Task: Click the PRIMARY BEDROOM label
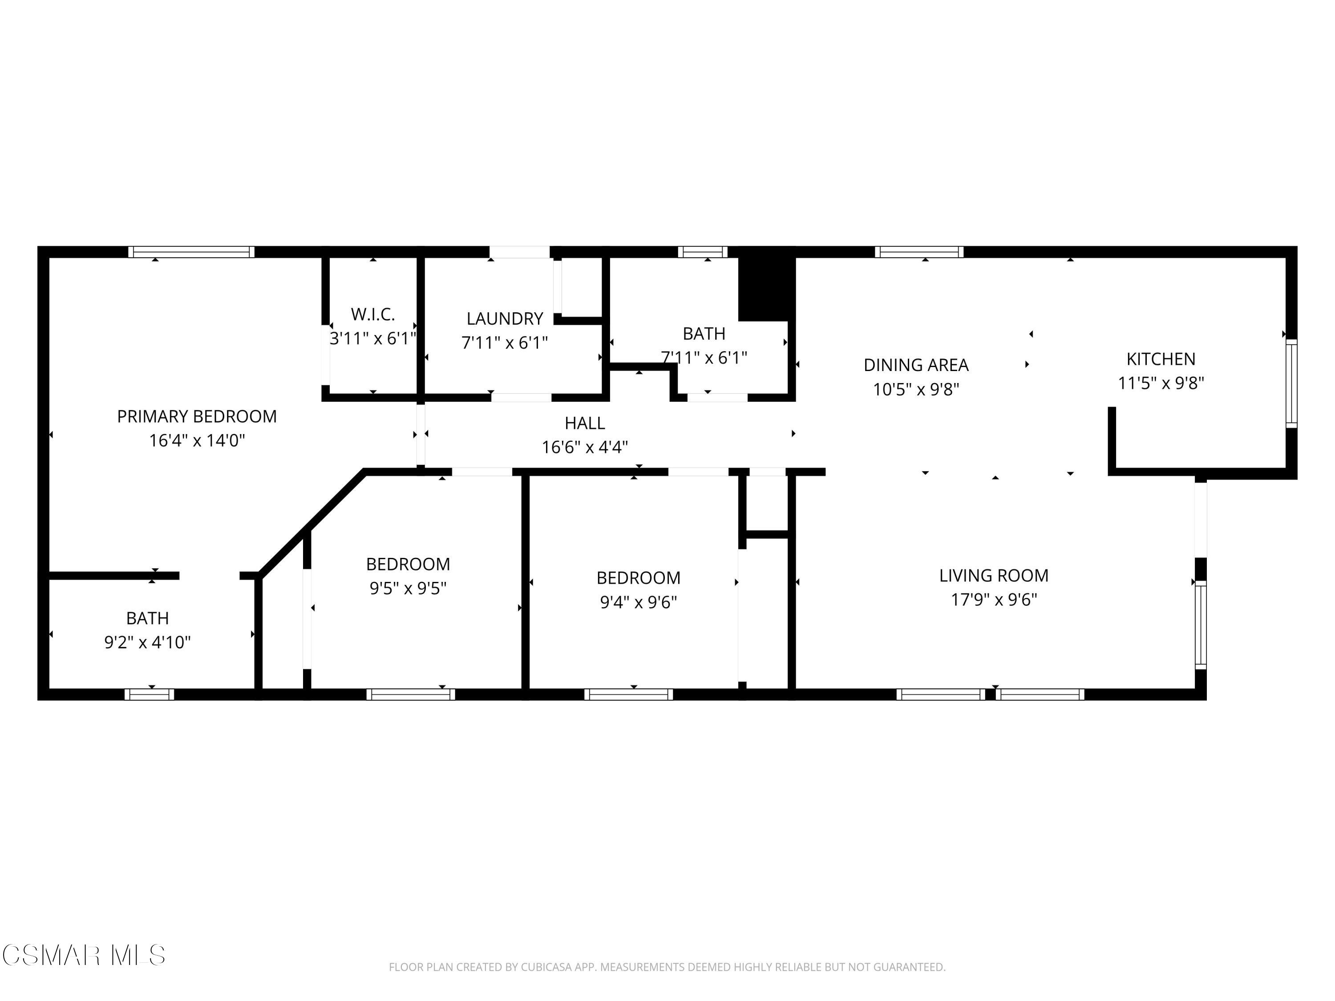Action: pyautogui.click(x=197, y=416)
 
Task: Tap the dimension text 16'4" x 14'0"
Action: pyautogui.click(x=197, y=440)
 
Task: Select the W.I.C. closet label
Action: pyautogui.click(x=372, y=315)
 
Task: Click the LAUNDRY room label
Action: pyautogui.click(x=505, y=319)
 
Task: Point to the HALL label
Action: pyautogui.click(x=584, y=423)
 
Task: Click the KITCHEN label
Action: pyautogui.click(x=1160, y=359)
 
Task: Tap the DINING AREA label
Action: pyautogui.click(x=915, y=365)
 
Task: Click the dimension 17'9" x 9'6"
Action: pyautogui.click(x=993, y=600)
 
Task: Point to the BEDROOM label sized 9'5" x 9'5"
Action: pyautogui.click(x=408, y=564)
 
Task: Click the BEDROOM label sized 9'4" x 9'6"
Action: pyautogui.click(x=638, y=578)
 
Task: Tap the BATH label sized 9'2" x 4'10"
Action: pyautogui.click(x=147, y=618)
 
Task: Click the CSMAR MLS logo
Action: pyautogui.click(x=83, y=955)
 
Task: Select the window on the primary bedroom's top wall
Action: pyautogui.click(x=191, y=252)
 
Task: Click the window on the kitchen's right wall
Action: pyautogui.click(x=1291, y=383)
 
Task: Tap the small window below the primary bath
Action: pyautogui.click(x=149, y=694)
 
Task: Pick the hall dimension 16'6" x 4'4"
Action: pyautogui.click(x=584, y=447)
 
